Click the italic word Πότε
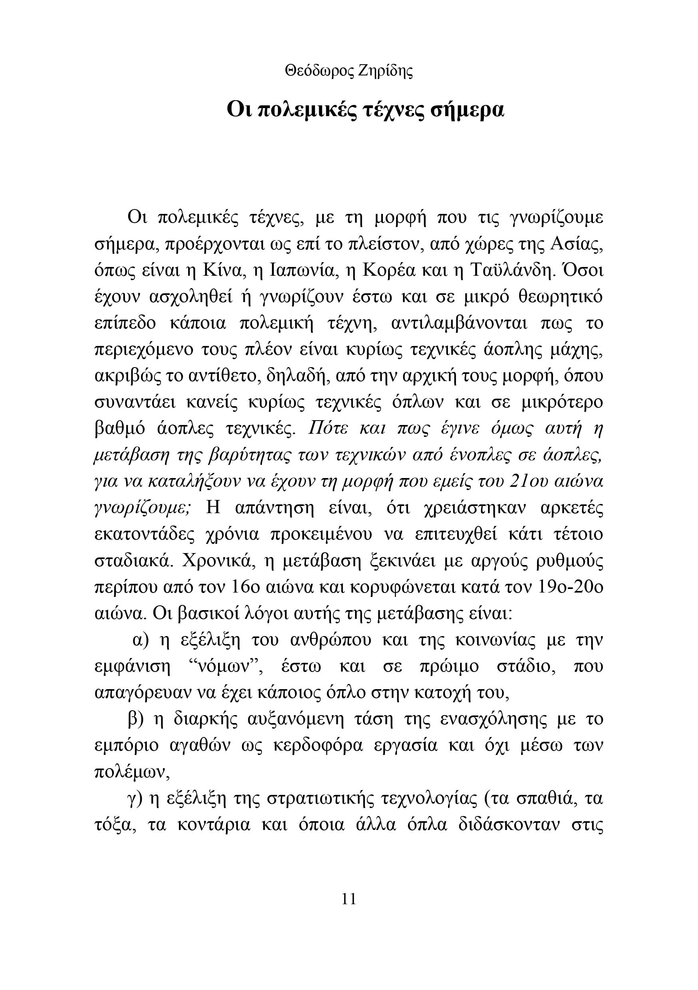point(327,429)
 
